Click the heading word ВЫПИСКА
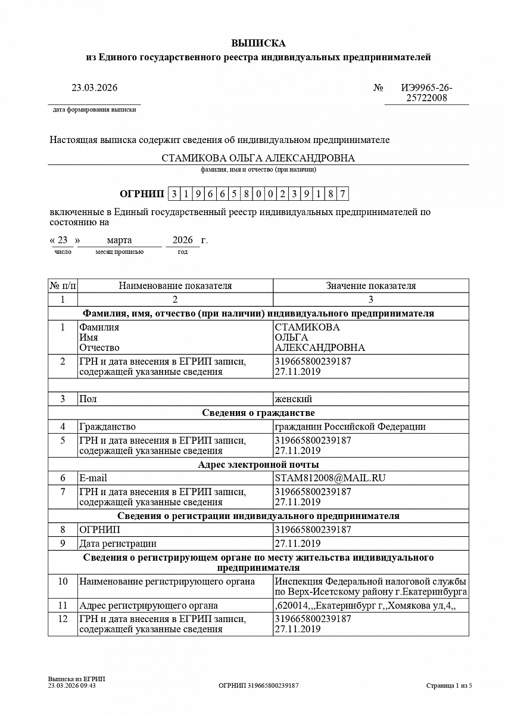point(258,43)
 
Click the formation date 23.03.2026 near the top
point(95,88)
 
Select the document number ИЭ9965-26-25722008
point(426,93)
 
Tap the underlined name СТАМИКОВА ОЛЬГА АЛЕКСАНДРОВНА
point(258,158)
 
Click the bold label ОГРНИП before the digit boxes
point(142,194)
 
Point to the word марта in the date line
point(119,240)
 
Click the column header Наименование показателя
point(175,286)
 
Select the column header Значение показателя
point(370,286)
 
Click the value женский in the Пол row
point(293,399)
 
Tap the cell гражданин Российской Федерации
point(350,427)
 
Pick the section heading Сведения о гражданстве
point(258,413)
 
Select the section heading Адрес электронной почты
point(258,464)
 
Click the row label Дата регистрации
point(118,543)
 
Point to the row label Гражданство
point(107,427)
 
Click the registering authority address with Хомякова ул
point(364,606)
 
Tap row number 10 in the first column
point(63,582)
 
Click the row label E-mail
point(93,478)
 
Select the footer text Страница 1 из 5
point(449,686)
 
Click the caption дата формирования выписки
point(94,110)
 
